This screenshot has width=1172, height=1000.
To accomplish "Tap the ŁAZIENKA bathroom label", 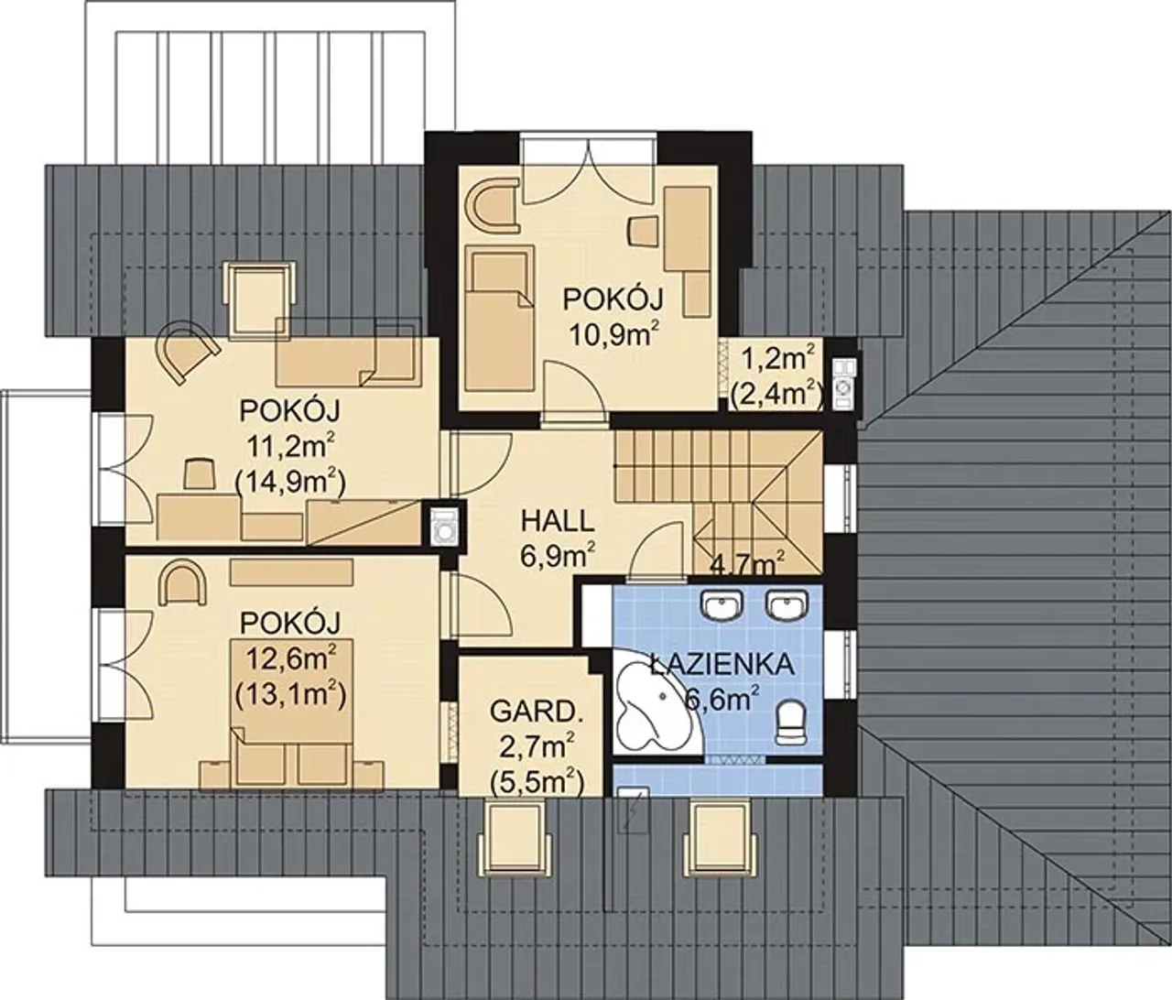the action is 722,665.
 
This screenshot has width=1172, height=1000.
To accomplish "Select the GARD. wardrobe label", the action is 537,713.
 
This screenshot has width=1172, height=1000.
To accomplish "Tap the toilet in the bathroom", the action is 790,722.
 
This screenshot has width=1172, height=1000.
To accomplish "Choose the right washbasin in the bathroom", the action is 787,605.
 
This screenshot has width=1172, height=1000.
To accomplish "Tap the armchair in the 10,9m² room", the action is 492,205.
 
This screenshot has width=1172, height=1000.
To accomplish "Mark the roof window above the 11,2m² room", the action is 261,298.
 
